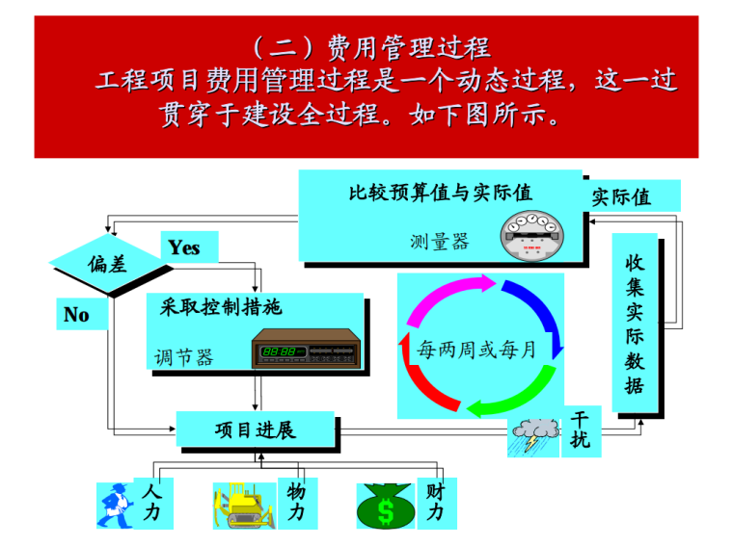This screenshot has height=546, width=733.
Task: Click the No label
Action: pos(76,315)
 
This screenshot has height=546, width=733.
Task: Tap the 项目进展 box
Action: pos(255,429)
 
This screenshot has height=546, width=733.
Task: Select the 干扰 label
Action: pos(581,430)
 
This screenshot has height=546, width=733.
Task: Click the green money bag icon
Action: pos(385,506)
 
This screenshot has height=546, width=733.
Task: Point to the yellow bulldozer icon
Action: pos(243,505)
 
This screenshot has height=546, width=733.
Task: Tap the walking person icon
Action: pos(114,506)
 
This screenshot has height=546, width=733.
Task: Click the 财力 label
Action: pos(435,503)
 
